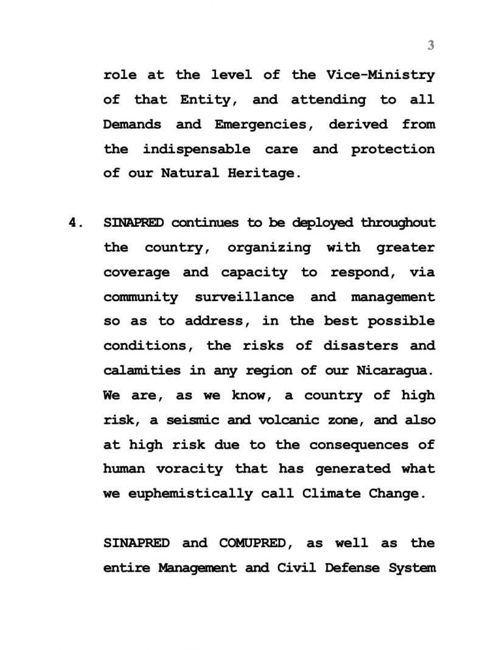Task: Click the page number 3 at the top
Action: (431, 45)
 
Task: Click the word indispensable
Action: (196, 149)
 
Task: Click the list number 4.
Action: (74, 223)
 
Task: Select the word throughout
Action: (398, 223)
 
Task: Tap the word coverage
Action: (136, 272)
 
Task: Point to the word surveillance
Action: (244, 297)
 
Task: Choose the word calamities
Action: (133, 370)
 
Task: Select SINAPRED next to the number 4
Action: (133, 223)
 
